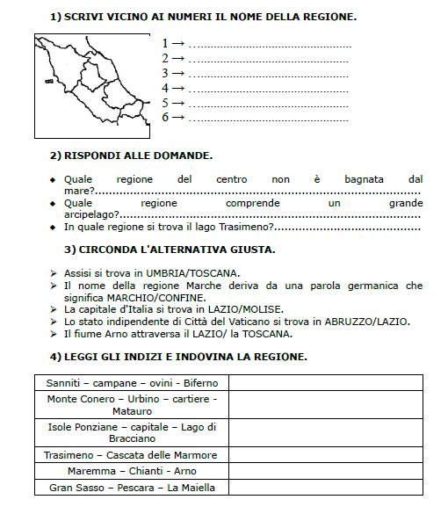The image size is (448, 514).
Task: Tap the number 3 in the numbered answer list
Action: click(x=165, y=73)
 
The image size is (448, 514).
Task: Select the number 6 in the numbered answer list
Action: click(x=165, y=117)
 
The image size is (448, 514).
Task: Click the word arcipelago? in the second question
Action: click(x=90, y=214)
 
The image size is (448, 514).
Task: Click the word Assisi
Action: click(x=81, y=272)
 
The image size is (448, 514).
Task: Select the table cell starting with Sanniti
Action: click(x=132, y=383)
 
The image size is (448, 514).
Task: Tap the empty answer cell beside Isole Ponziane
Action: click(x=331, y=432)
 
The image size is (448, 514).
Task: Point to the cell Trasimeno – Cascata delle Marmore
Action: click(x=132, y=454)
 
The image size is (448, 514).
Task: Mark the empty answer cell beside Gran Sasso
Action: click(x=331, y=488)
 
